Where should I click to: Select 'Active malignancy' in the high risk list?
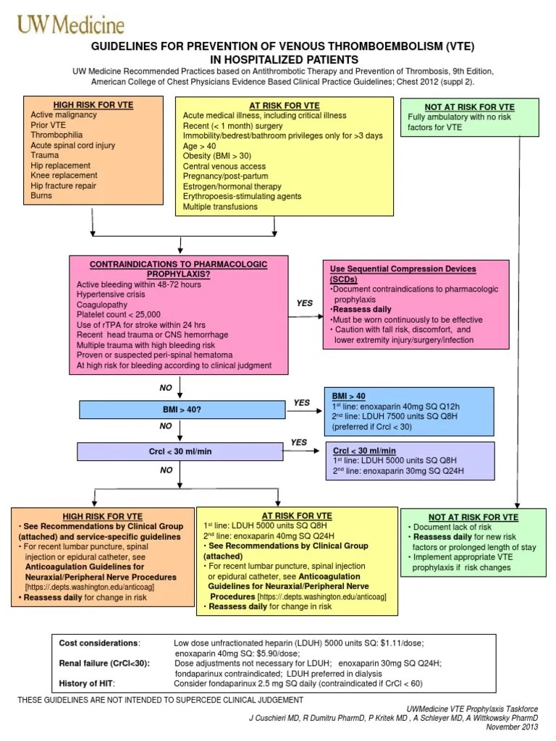64,114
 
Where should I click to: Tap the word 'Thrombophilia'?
56,135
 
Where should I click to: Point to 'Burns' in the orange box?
42,195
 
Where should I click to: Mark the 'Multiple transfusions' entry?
220,206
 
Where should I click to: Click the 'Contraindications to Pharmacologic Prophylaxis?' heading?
178,269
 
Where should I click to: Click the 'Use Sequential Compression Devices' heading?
403,274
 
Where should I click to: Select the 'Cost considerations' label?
100,643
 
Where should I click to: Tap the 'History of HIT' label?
86,683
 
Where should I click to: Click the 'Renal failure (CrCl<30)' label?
105,663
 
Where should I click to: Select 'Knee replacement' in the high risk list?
64,175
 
